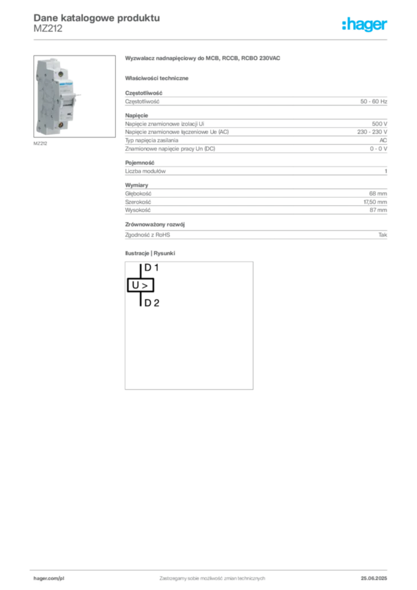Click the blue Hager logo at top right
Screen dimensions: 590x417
coord(366,25)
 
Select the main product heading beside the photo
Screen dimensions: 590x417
coord(203,59)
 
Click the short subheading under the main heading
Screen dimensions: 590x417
coord(158,78)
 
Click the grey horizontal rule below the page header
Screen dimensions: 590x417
coord(212,39)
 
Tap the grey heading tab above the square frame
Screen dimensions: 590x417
coord(150,254)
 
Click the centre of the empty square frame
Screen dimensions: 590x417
coord(188,325)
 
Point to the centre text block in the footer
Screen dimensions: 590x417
coord(212,576)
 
